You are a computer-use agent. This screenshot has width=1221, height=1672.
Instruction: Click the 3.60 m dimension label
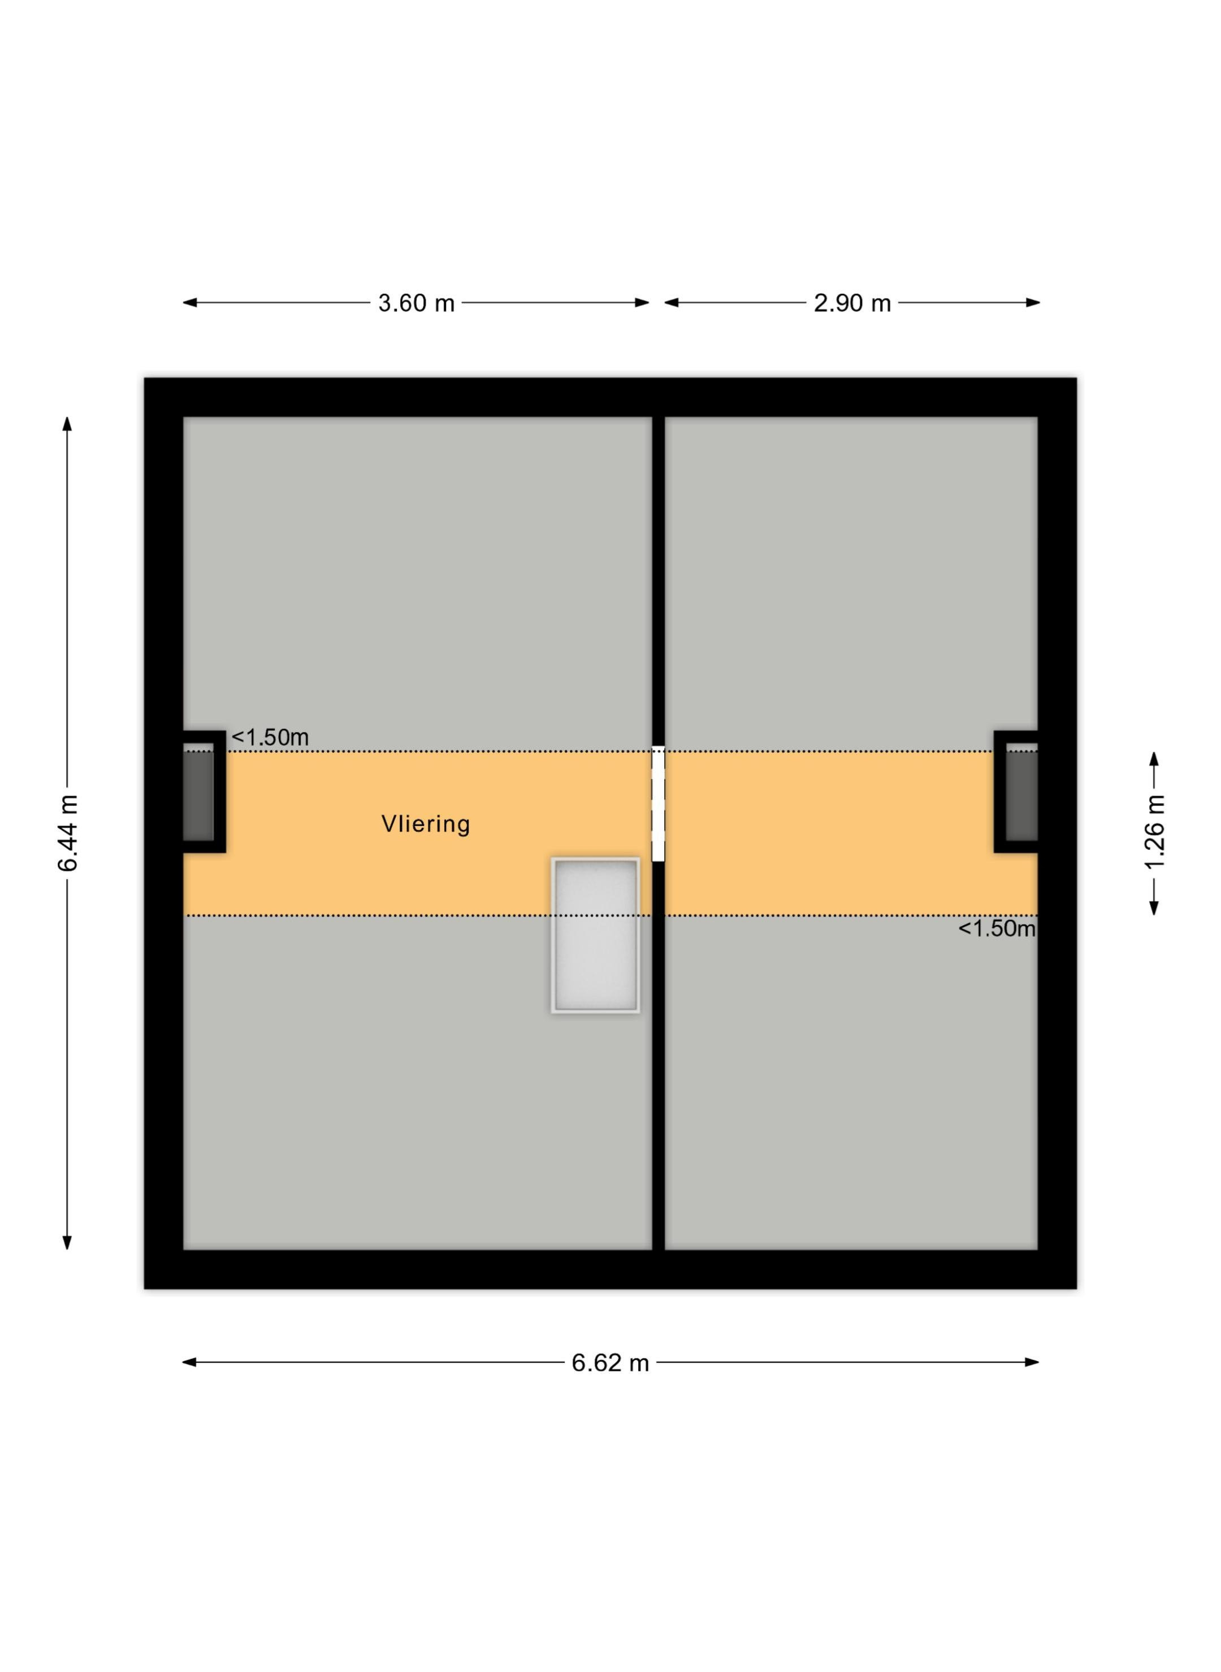coord(416,303)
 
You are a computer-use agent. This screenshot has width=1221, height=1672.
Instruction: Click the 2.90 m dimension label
coord(852,303)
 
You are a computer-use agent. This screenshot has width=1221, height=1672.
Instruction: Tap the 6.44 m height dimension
coord(67,833)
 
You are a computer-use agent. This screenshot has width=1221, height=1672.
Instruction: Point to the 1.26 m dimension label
coord(1154,833)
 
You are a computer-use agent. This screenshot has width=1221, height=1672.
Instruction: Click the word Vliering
coord(426,824)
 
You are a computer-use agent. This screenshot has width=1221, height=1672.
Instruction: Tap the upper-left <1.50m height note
coord(270,737)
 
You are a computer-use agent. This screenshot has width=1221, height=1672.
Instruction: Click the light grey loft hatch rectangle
coord(595,935)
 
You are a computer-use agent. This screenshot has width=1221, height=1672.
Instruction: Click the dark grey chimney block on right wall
coord(1021,795)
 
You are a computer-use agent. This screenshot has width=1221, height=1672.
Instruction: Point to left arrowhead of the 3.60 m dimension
coord(190,302)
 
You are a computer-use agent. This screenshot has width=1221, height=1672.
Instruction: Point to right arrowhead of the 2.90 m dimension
coord(1033,302)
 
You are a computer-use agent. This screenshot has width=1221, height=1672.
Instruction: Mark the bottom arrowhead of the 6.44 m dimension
coord(67,1243)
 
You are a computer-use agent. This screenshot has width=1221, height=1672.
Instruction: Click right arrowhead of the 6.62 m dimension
coord(1033,1362)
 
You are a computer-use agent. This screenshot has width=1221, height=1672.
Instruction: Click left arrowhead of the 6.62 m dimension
coord(189,1362)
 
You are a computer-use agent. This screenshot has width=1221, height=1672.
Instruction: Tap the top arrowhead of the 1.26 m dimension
coord(1154,759)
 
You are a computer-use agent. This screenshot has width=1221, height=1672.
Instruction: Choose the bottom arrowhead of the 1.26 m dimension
coord(1154,908)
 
